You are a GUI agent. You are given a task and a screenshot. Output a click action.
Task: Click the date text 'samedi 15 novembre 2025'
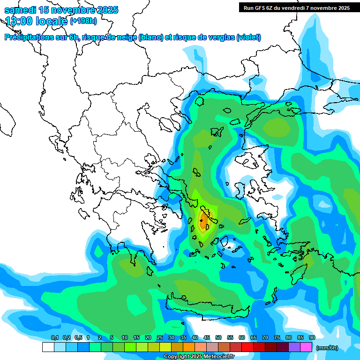click(61, 10)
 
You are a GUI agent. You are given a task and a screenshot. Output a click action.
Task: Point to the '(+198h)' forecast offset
click(84, 21)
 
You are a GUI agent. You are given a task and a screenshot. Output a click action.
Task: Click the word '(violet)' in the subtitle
click(248, 37)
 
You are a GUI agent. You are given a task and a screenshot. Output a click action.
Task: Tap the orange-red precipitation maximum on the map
click(205, 219)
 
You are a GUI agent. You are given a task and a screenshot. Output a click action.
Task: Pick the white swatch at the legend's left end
click(48, 347)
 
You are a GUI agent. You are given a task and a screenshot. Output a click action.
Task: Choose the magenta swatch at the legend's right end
click(306, 347)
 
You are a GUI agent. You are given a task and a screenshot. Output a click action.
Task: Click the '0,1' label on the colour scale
click(54, 338)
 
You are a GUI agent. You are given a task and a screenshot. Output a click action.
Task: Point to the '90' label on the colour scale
click(312, 338)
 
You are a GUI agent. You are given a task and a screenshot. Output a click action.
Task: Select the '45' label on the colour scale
click(207, 338)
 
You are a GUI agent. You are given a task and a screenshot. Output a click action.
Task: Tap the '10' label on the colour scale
click(125, 338)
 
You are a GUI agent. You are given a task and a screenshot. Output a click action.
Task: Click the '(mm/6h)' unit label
click(327, 348)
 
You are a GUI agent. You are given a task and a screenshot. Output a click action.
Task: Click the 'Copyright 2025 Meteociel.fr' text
click(199, 356)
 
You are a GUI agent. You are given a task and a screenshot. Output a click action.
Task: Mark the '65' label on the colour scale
click(254, 338)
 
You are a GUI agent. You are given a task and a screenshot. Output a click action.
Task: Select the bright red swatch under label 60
click(247, 347)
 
